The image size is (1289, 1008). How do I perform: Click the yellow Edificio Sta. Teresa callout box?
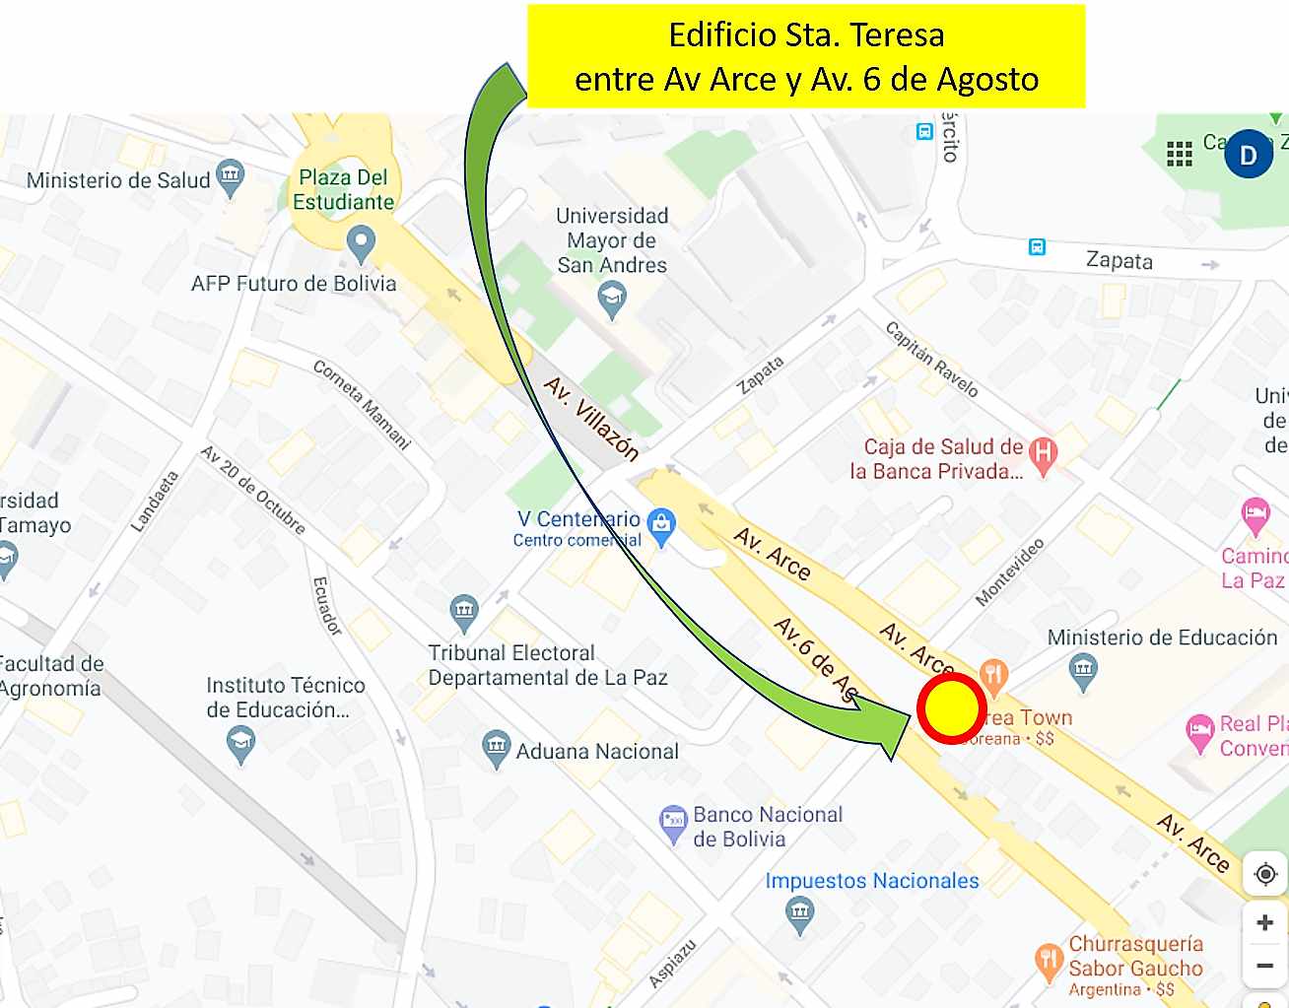pos(806,56)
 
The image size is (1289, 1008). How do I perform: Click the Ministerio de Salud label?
pos(118,180)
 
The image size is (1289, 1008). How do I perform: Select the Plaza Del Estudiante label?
pos(344,189)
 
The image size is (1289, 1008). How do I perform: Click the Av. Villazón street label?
pos(591,419)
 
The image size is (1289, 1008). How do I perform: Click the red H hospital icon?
pos(1043,453)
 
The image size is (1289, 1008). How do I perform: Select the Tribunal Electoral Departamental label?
pos(547,665)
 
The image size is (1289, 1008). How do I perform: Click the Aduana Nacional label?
pos(597,752)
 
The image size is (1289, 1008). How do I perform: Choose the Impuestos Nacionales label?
pos(872,881)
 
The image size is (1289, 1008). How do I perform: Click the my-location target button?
pos(1265,874)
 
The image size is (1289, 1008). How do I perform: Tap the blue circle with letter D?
pos(1249,155)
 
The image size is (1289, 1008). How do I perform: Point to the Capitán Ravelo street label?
pos(931,360)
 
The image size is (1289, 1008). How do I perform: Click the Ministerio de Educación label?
pos(1162,638)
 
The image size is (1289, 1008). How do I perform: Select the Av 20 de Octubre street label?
pos(253,490)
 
